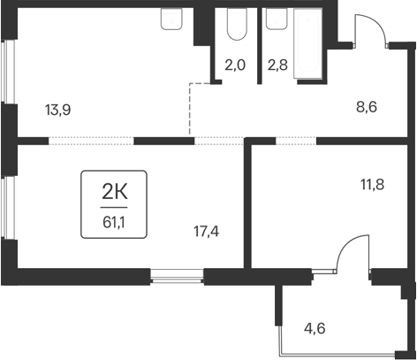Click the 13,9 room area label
[57, 111]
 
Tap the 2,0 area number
[234, 64]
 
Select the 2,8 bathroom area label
[277, 64]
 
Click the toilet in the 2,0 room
[236, 27]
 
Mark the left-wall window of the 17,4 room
[6, 208]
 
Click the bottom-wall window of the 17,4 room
[178, 278]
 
